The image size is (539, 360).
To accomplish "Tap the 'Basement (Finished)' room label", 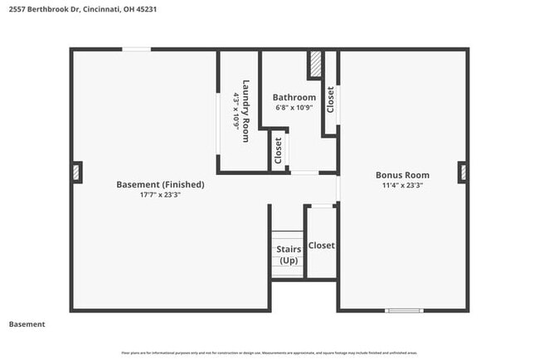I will click(x=160, y=184).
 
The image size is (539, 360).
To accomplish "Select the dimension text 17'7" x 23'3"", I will click(x=160, y=195).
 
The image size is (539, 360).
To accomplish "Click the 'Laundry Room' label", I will click(x=245, y=110).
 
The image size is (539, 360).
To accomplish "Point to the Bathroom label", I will click(x=294, y=97).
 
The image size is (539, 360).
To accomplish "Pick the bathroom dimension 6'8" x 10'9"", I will click(x=294, y=108).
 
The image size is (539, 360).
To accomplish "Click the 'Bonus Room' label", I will click(x=402, y=175).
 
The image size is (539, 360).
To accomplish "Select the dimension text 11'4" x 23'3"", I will click(x=402, y=186).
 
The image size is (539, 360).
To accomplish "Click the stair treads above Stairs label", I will click(x=288, y=236).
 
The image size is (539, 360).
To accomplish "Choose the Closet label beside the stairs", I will click(x=321, y=246).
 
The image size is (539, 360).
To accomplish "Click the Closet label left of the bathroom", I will click(x=278, y=150).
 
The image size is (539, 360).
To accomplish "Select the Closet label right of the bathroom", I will click(x=330, y=100).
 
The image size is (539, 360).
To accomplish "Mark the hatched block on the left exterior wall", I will click(x=76, y=172).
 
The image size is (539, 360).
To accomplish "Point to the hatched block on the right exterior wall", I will click(x=463, y=172).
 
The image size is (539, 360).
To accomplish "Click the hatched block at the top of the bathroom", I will click(x=315, y=66).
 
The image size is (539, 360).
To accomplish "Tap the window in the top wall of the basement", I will click(x=137, y=51).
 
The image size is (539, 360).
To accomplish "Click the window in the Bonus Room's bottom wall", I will click(x=404, y=310).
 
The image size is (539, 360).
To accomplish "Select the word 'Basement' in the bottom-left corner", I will click(x=27, y=324).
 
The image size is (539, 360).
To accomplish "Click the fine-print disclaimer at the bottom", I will click(x=269, y=353).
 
